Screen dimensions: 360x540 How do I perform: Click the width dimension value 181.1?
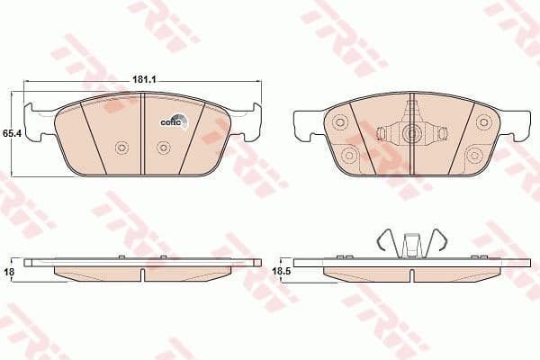[x=144, y=80]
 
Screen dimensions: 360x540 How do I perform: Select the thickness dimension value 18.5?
[x=280, y=268]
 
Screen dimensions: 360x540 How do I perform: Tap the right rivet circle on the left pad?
[x=163, y=148]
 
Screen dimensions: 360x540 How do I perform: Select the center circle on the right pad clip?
[x=412, y=135]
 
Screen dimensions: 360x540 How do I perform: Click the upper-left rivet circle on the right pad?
[x=340, y=122]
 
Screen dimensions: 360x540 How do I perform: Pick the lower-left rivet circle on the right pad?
[x=349, y=155]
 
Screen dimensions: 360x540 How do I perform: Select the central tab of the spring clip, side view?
[x=412, y=245]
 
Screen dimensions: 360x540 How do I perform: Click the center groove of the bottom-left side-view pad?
[x=144, y=273]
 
